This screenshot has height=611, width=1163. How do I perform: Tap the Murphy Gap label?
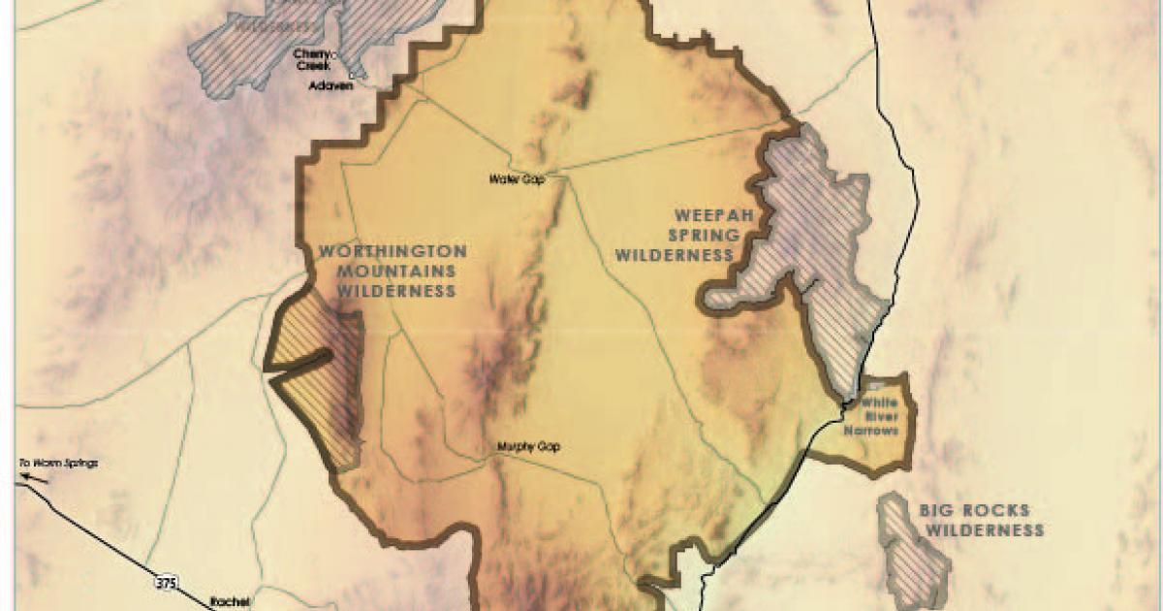click(x=528, y=447)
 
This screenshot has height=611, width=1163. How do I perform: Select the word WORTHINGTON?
click(x=393, y=251)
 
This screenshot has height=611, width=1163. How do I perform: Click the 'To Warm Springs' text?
click(x=58, y=463)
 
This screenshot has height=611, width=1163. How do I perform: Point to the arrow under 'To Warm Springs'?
click(x=37, y=476)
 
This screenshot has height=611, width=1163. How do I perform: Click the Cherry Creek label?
click(x=313, y=60)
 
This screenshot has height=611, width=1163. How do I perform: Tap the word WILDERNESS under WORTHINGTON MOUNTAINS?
click(x=388, y=290)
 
